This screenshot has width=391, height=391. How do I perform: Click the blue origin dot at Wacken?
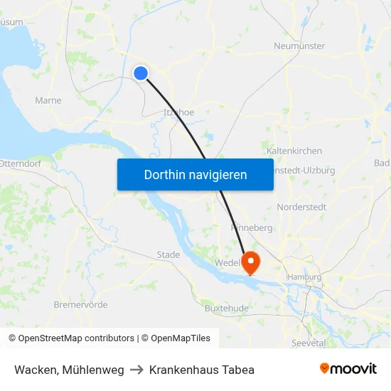point(141,73)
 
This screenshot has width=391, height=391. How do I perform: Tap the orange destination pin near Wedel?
point(251,263)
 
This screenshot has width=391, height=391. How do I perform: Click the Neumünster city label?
point(299,46)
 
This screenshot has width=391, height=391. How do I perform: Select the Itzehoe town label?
point(178,112)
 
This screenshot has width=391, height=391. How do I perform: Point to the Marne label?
point(48,101)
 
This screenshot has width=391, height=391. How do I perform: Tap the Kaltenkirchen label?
point(294,151)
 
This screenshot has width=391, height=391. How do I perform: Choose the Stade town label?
point(168,255)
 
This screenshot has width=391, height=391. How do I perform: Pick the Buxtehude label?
point(226,309)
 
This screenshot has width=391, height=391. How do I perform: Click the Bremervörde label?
point(80,305)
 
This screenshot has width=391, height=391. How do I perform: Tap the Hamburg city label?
point(304,277)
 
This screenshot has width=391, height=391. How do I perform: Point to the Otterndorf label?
point(22,163)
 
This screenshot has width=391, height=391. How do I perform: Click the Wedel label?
point(228,262)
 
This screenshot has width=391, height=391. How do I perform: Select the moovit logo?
point(348,369)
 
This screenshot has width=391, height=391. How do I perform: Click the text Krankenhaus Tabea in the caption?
point(202,370)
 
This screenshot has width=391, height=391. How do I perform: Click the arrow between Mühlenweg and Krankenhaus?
point(136,370)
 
